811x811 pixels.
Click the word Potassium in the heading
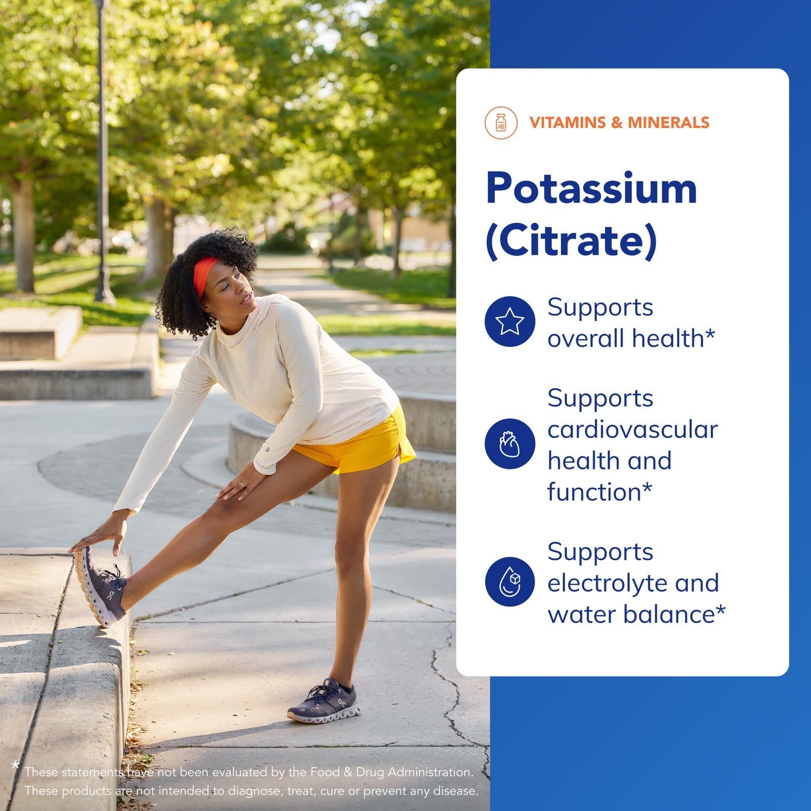(x=591, y=189)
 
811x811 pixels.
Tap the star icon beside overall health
(x=510, y=322)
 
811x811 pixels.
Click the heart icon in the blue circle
(x=510, y=444)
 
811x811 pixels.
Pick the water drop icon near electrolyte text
(x=510, y=581)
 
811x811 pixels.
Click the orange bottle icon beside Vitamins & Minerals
(x=500, y=122)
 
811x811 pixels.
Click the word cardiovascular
(x=632, y=430)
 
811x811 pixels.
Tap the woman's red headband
(x=204, y=274)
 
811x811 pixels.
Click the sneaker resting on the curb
(x=99, y=587)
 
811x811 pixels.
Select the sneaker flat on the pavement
(x=325, y=702)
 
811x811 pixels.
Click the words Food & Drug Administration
(x=391, y=772)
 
